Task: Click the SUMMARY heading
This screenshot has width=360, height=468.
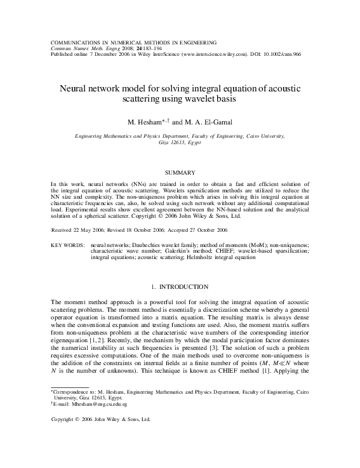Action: [x=180, y=172]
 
